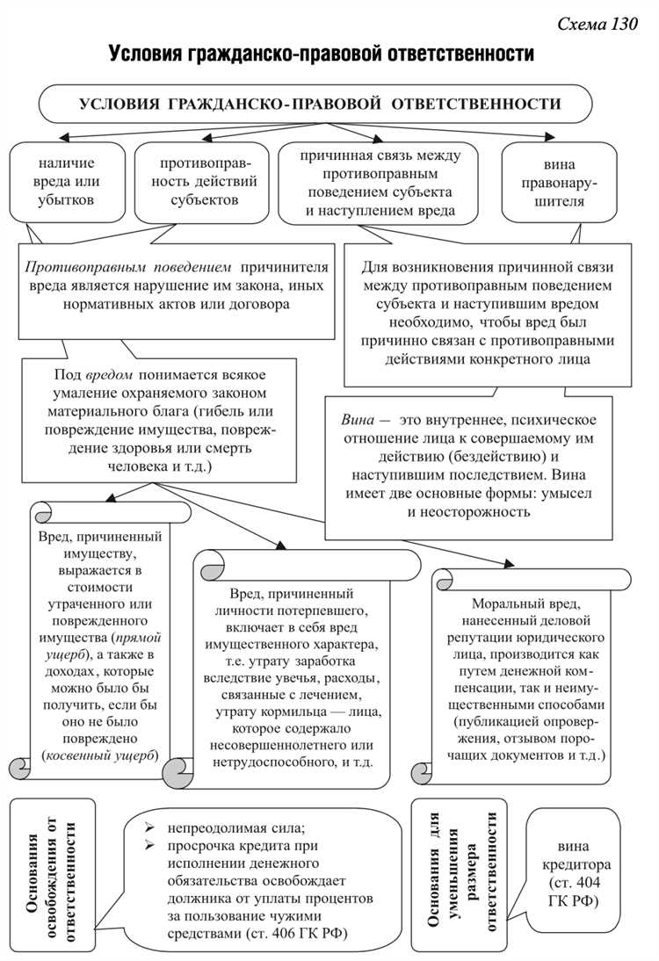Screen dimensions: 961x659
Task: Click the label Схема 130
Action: (x=597, y=25)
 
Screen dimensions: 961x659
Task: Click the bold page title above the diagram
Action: (x=322, y=54)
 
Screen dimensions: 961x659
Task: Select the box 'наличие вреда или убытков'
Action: (x=66, y=182)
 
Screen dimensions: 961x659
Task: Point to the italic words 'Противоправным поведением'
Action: (x=128, y=267)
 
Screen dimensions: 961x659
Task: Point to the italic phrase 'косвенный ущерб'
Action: (x=99, y=755)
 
